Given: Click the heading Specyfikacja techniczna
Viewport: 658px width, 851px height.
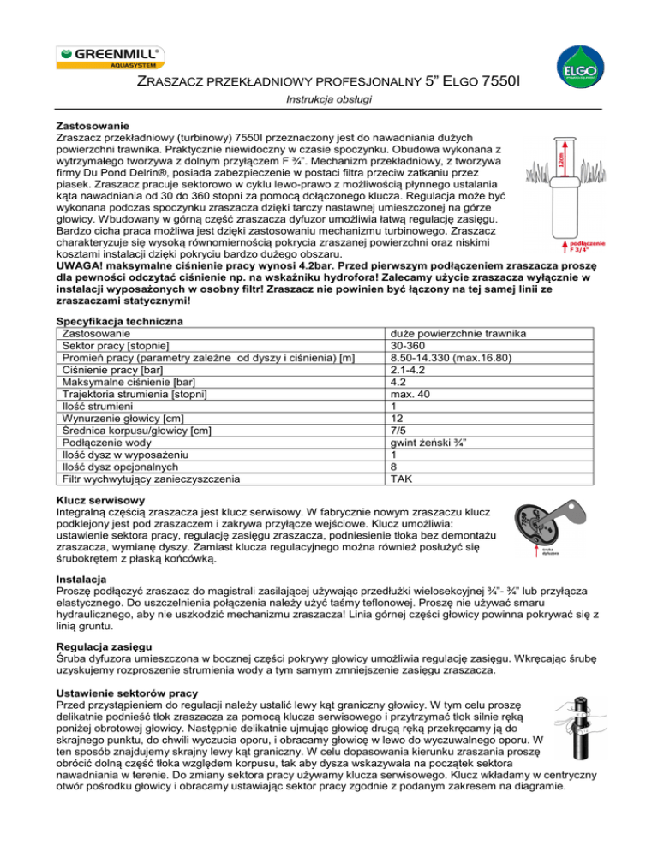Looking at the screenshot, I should [123, 320].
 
